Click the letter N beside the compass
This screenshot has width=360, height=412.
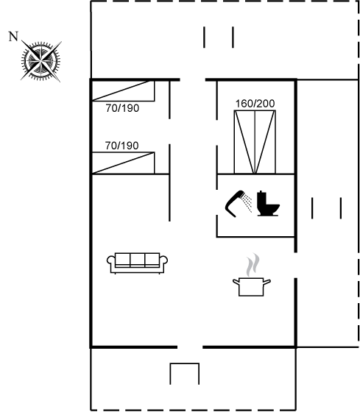(13, 37)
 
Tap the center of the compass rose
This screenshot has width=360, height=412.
(40, 62)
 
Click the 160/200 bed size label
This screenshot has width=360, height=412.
(255, 104)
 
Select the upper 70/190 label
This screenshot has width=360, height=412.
(122, 108)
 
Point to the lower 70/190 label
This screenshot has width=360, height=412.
(121, 146)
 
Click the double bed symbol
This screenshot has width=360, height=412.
(255, 142)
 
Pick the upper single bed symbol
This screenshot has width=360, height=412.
(123, 90)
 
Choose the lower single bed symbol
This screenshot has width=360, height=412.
(123, 163)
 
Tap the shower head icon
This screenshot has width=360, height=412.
(239, 204)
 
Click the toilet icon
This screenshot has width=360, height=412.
(268, 204)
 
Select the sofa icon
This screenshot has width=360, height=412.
(137, 263)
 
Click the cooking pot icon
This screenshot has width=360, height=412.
(251, 287)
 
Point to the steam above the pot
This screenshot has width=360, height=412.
(253, 265)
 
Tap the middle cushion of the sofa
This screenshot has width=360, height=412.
(137, 260)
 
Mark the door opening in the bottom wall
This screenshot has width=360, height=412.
(190, 347)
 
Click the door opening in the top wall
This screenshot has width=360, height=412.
(192, 79)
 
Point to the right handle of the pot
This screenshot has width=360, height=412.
(267, 283)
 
